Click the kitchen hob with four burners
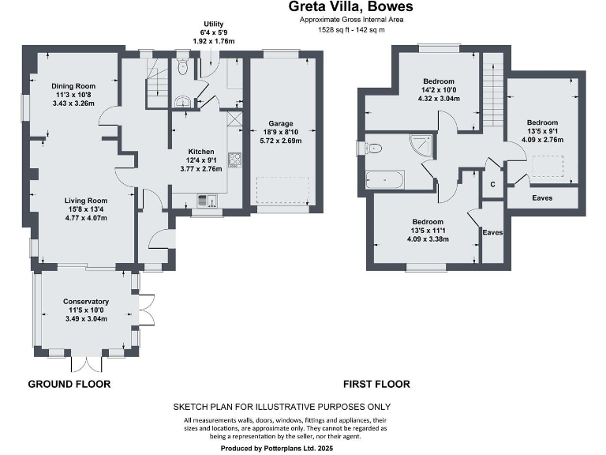coord(234,160)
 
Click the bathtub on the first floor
coord(386,181)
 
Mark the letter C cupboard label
coord(493,184)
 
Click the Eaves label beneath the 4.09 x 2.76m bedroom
coord(542,198)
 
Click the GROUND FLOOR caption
coord(69,385)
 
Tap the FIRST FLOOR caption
coord(376,385)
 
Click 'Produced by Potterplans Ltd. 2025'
coord(282,447)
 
